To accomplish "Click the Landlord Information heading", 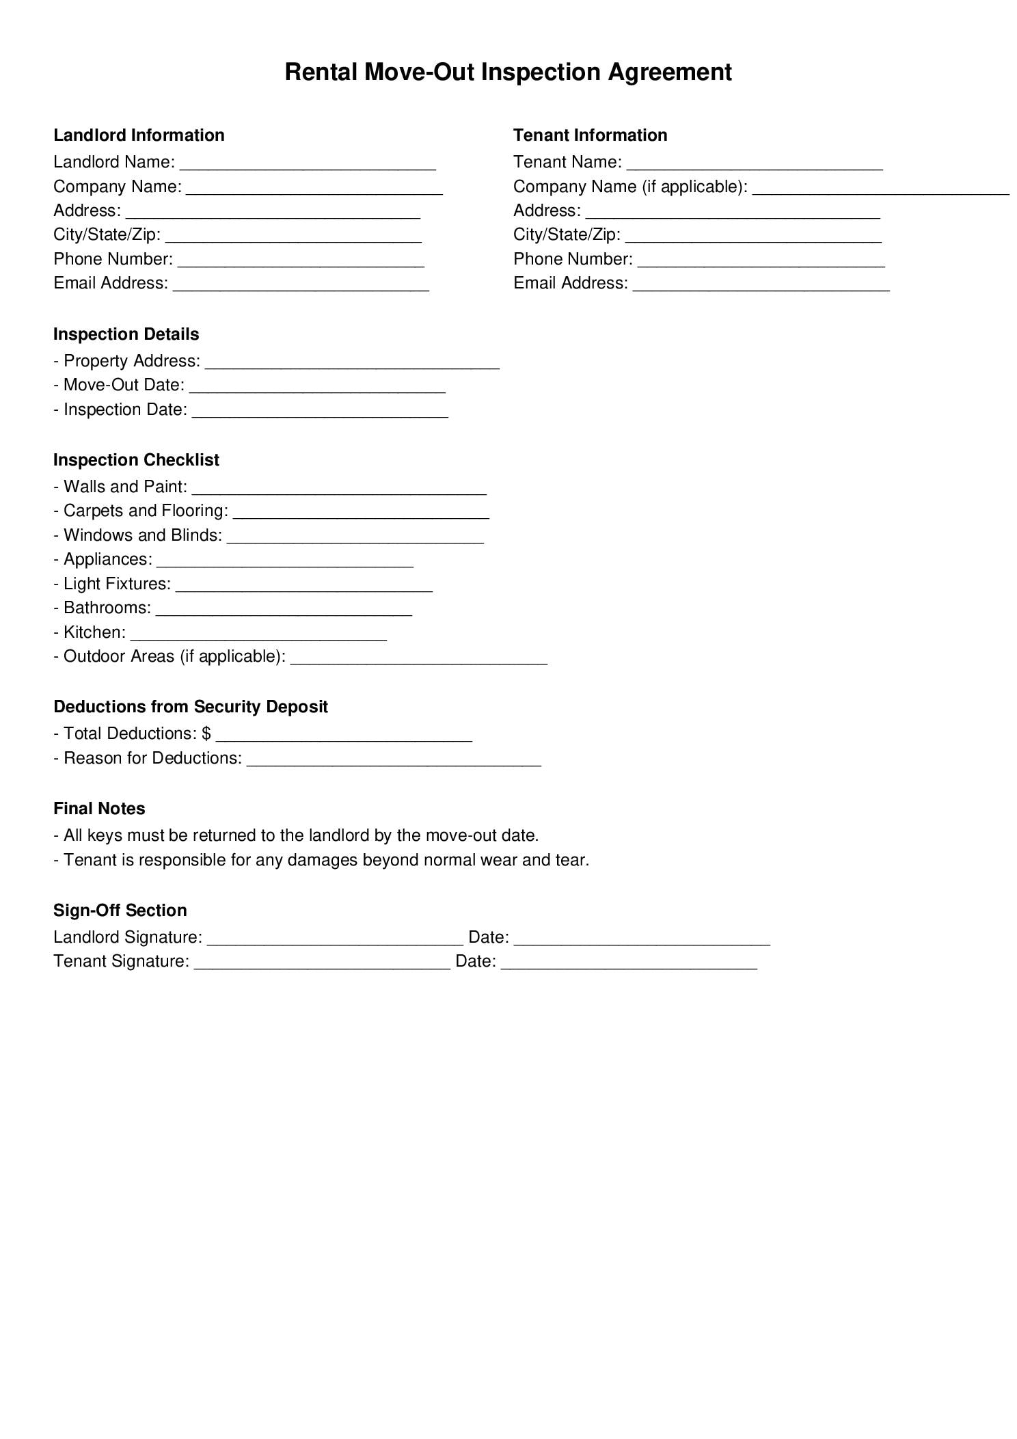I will click(x=139, y=135).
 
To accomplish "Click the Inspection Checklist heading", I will click(x=136, y=460).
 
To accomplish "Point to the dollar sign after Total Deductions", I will click(x=206, y=734).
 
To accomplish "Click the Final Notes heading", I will click(x=99, y=809).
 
